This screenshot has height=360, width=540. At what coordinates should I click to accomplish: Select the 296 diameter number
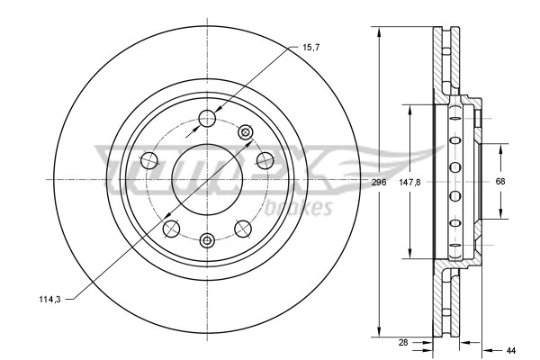(x=379, y=182)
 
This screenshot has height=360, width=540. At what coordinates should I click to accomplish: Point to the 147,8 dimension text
(x=409, y=182)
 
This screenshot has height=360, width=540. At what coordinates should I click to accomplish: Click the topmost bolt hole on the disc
(x=207, y=116)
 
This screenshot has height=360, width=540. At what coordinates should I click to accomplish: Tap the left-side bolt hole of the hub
(x=148, y=160)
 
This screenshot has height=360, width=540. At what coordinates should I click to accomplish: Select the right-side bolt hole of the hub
(x=265, y=160)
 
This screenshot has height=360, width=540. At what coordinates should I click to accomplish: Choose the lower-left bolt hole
(x=171, y=228)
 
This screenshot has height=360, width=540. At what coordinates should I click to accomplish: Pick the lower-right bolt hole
(x=243, y=228)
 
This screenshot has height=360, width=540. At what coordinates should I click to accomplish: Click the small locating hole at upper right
(x=245, y=132)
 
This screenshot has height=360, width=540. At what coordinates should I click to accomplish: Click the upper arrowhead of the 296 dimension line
(x=379, y=33)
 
